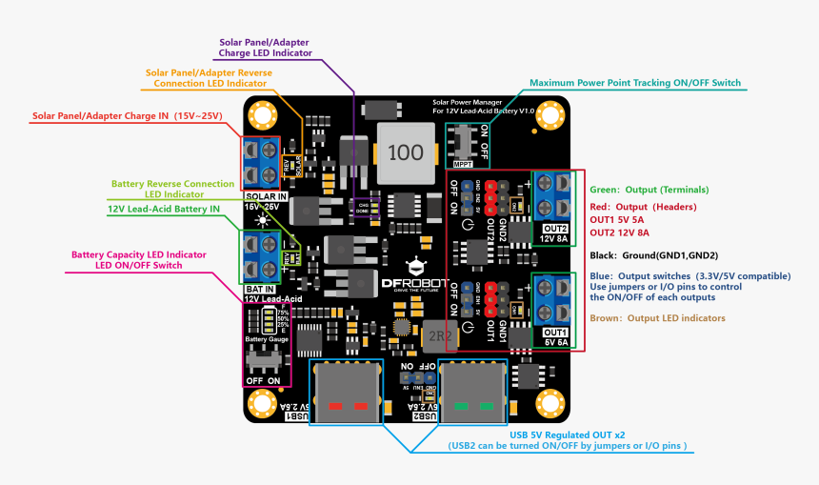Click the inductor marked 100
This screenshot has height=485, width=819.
(x=406, y=152)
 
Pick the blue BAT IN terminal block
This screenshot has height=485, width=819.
(x=258, y=256)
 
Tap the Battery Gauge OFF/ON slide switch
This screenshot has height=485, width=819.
(x=263, y=362)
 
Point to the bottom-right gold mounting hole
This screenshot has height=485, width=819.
(x=549, y=401)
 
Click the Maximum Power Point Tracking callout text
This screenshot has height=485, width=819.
(x=634, y=83)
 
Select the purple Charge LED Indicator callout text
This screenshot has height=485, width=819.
(x=266, y=48)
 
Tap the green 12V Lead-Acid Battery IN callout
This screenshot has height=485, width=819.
(x=164, y=209)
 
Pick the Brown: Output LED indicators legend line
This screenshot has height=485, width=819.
(x=657, y=318)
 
